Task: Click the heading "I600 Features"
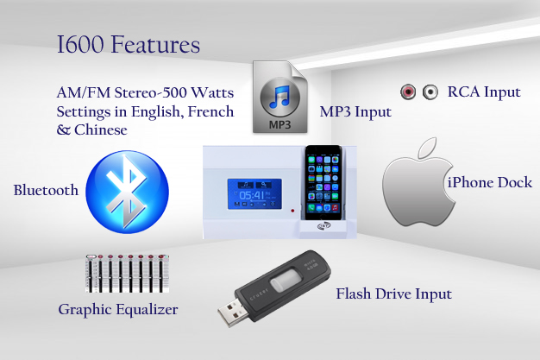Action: pyautogui.click(x=129, y=44)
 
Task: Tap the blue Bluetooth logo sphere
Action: pyautogui.click(x=127, y=192)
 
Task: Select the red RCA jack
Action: pyautogui.click(x=408, y=92)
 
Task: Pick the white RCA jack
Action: pyautogui.click(x=430, y=92)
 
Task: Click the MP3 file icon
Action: pyautogui.click(x=280, y=97)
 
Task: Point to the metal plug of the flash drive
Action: pyautogui.click(x=231, y=312)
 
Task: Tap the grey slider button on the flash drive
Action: pyautogui.click(x=286, y=280)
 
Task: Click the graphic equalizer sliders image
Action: pyautogui.click(x=127, y=274)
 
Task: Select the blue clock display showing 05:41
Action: pyautogui.click(x=254, y=193)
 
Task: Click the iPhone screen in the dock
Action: pyautogui.click(x=323, y=184)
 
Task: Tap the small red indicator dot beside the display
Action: pyautogui.click(x=292, y=210)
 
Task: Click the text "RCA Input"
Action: pyautogui.click(x=484, y=92)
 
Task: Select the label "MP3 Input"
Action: pyautogui.click(x=355, y=111)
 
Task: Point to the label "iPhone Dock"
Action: pyautogui.click(x=490, y=182)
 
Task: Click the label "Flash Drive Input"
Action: pyautogui.click(x=393, y=294)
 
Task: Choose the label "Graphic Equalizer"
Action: pyautogui.click(x=118, y=310)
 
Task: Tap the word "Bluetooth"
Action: pyautogui.click(x=46, y=190)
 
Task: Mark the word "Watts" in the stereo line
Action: pyautogui.click(x=212, y=92)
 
